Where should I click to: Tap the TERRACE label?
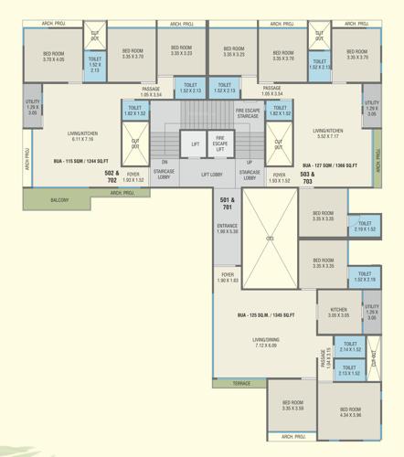241,384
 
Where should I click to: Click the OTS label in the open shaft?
270,239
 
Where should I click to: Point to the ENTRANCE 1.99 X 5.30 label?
228,228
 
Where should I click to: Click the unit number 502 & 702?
112,175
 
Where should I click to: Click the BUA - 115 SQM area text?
77,163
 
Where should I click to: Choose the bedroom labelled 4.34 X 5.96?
351,412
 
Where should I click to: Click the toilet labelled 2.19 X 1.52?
364,227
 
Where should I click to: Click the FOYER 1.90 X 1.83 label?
228,278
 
